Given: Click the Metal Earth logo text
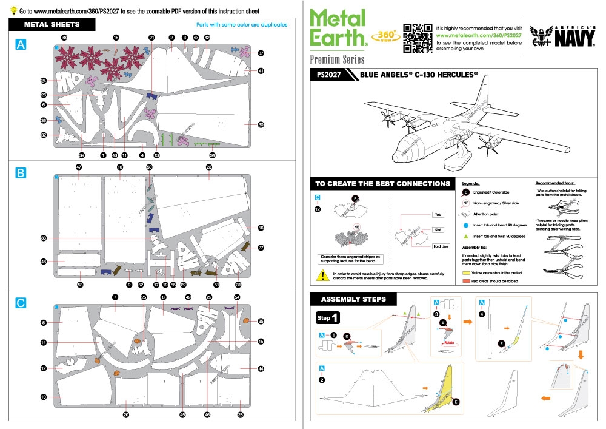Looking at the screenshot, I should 338,29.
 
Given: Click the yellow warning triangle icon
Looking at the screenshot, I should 320,275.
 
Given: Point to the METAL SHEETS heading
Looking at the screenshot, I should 52,25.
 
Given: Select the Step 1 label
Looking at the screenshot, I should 328,318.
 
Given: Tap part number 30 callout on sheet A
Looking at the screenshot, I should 261,125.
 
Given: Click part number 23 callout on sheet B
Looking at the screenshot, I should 209,167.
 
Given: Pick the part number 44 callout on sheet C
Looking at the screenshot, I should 261,368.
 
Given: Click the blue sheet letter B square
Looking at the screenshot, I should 21,174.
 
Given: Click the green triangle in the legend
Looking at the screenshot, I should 467,236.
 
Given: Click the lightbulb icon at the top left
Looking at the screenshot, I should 13,11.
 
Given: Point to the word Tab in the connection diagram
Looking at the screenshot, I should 438,215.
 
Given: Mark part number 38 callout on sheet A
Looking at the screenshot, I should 64,38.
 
